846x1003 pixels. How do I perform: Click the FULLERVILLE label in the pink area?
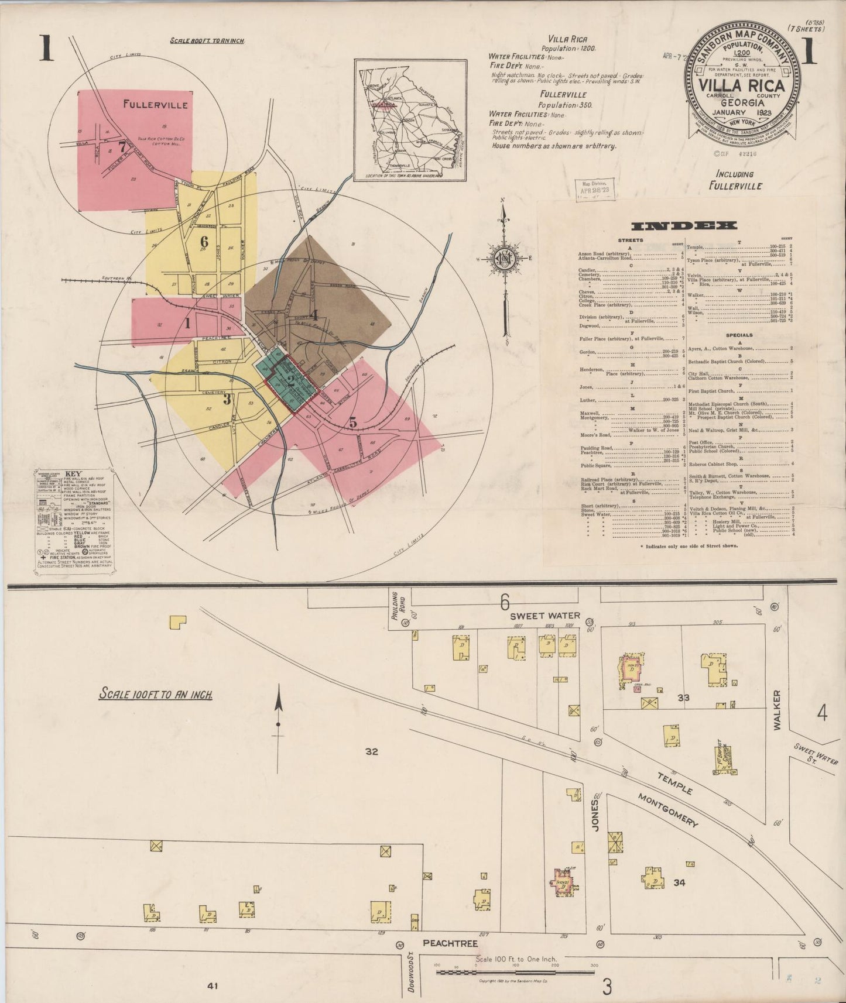(155, 105)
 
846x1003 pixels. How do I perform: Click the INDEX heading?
(683, 226)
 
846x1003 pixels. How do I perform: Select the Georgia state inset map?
(410, 118)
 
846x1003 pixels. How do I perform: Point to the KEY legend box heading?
(73, 473)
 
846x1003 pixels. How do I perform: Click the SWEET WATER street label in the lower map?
(544, 615)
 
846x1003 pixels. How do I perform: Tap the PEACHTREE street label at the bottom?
(451, 943)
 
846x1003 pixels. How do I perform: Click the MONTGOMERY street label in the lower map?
(668, 810)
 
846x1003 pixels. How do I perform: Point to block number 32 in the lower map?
(372, 752)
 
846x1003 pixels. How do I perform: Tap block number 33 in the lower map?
(683, 698)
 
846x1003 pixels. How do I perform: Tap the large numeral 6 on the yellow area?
(204, 241)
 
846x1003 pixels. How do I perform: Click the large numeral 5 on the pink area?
(352, 421)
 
